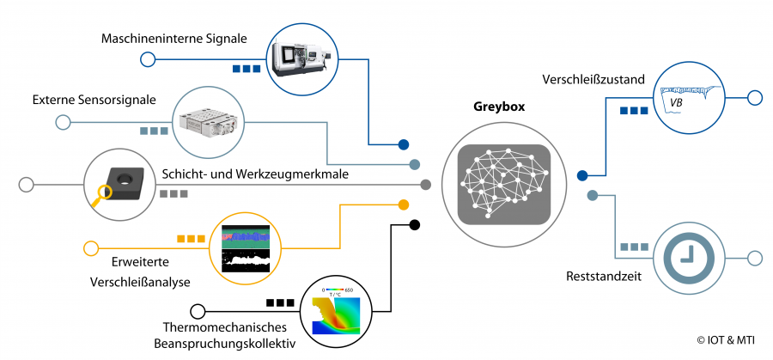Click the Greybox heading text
[499, 107]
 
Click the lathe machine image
[300, 58]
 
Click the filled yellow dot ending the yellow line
[403, 205]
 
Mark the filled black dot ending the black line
[414, 225]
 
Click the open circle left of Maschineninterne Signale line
[147, 59]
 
